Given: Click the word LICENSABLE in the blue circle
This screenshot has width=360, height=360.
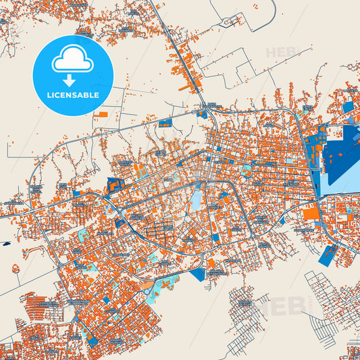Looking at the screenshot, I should point(72,95).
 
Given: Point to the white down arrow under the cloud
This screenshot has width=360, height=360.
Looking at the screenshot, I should point(72,80).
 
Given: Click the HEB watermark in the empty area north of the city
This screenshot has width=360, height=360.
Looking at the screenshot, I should point(279,52).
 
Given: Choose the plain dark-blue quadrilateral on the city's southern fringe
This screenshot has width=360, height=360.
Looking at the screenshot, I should point(198,274).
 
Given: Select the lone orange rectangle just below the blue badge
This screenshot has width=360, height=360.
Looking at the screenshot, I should point(101,115).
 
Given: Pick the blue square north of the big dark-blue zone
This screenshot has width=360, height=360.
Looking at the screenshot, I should point(348,107).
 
